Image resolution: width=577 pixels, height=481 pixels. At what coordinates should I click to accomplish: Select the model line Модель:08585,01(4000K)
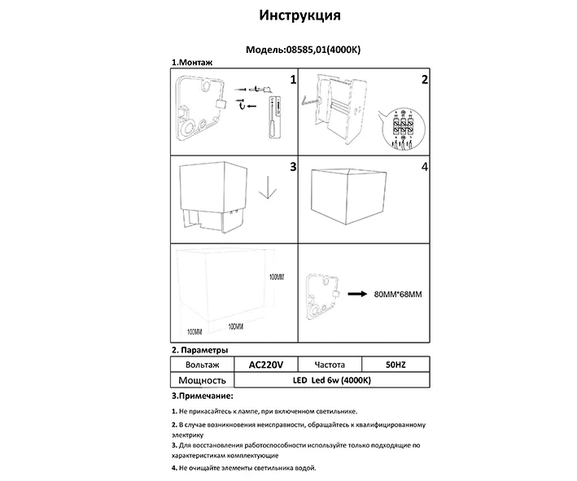(304, 50)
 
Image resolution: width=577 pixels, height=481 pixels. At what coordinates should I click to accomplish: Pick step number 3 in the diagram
(292, 167)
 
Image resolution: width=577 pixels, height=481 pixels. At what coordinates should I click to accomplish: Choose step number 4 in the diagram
(424, 167)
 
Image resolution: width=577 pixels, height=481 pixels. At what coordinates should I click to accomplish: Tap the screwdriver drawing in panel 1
(274, 120)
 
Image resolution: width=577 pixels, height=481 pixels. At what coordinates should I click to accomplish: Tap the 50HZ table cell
(394, 365)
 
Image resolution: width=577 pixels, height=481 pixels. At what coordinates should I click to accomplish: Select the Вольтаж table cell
(201, 365)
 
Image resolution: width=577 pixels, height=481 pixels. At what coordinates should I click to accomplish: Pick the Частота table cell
(328, 365)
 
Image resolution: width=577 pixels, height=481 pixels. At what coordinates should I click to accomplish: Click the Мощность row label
(201, 380)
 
